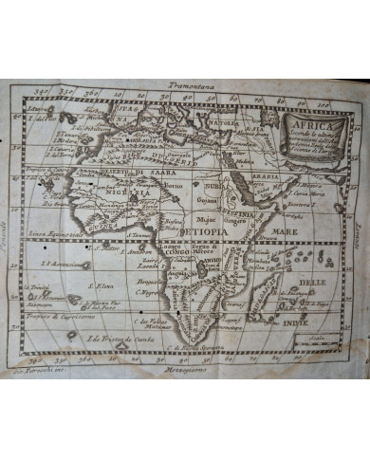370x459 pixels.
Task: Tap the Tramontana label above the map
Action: [x=188, y=86]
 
